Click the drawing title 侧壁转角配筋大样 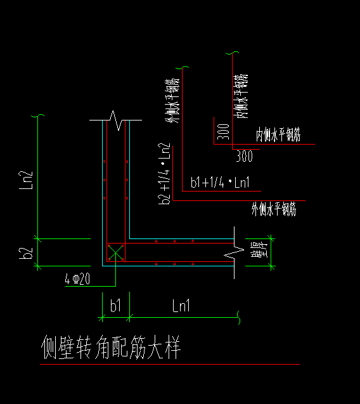click(111, 348)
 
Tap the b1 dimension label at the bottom click(115, 306)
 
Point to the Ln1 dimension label click(181, 306)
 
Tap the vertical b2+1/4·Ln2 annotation click(165, 173)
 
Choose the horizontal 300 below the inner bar click(244, 155)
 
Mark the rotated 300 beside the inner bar click(222, 132)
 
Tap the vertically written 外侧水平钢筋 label click(171, 103)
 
